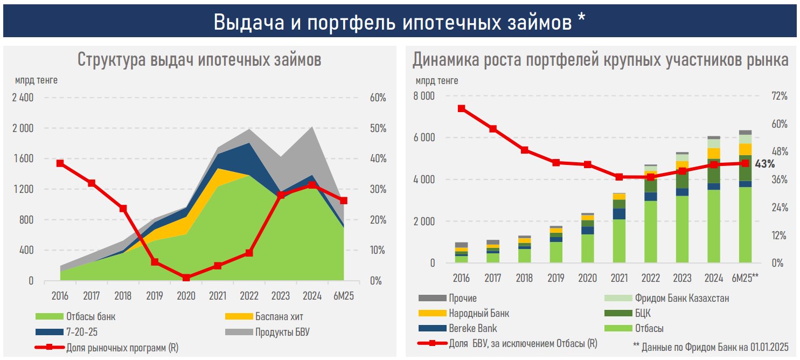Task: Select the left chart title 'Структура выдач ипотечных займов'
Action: (199, 59)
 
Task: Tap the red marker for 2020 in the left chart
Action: (186, 278)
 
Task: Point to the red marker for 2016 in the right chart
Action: (461, 108)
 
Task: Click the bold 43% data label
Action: (764, 163)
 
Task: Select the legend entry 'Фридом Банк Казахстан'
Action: (681, 298)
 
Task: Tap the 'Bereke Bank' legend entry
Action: (472, 328)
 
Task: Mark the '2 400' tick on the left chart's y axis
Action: (22, 98)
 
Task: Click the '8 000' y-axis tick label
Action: (424, 96)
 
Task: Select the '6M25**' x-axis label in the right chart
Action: (745, 278)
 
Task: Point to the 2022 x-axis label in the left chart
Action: (249, 296)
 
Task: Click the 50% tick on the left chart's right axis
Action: (378, 129)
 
